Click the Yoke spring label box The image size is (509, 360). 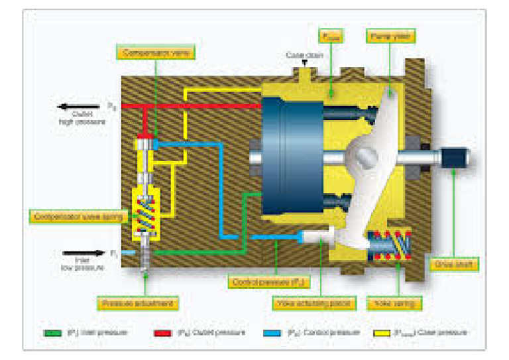click(x=393, y=304)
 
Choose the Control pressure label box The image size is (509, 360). click(x=260, y=282)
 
